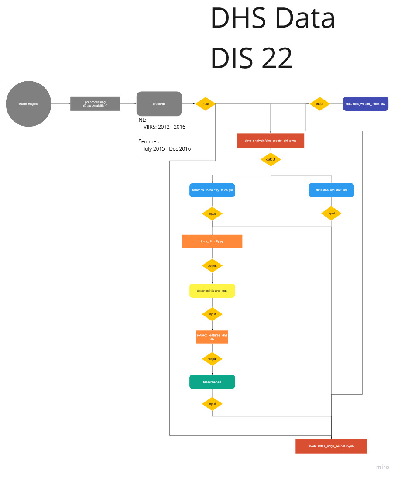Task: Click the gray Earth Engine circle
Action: point(28,104)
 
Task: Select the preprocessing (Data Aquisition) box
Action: point(95,104)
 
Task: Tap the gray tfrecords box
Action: point(159,104)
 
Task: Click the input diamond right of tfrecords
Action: point(205,104)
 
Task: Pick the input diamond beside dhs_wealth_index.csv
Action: point(320,104)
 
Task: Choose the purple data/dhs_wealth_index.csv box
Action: point(365,104)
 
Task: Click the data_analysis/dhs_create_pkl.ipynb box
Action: point(271,141)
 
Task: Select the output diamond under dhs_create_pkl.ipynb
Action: point(271,159)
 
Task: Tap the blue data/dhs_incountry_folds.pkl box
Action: point(212,190)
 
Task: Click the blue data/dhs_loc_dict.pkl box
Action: point(331,190)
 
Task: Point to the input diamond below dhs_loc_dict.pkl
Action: point(331,213)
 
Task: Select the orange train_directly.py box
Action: point(212,241)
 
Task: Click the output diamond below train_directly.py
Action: point(212,265)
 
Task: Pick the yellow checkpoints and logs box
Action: point(212,291)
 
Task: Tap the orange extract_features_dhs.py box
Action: point(212,337)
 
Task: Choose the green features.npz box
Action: point(212,382)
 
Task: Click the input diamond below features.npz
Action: point(212,404)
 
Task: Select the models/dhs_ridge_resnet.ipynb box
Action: point(331,446)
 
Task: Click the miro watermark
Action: point(382,467)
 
